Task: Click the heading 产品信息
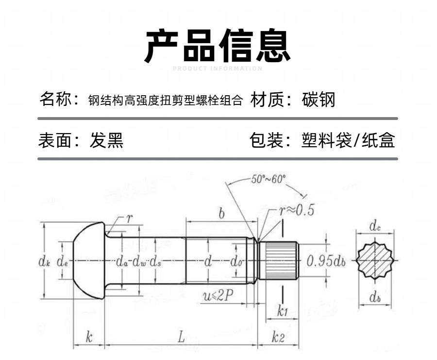point(218,46)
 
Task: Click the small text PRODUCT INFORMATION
point(218,69)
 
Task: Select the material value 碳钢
point(319,100)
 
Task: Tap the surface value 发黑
point(107,141)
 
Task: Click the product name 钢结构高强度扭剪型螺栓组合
point(165,101)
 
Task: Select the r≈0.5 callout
point(296,210)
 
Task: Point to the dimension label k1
point(282,311)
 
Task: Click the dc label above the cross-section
point(374,226)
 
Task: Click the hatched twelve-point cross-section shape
point(374,261)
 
